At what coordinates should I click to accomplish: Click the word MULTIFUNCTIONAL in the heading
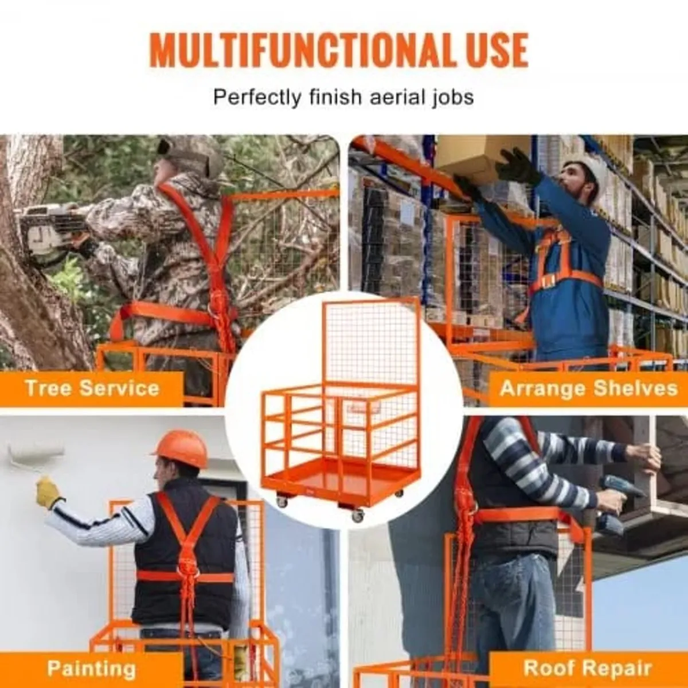[x=304, y=50]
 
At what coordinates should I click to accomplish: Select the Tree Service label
[x=92, y=388]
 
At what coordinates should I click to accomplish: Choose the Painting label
[x=92, y=669]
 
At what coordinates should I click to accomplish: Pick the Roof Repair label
[x=588, y=669]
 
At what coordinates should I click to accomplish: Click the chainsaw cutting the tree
[x=49, y=232]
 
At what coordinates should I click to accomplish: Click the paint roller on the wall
[x=34, y=456]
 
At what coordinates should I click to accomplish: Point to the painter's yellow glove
[x=48, y=493]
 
